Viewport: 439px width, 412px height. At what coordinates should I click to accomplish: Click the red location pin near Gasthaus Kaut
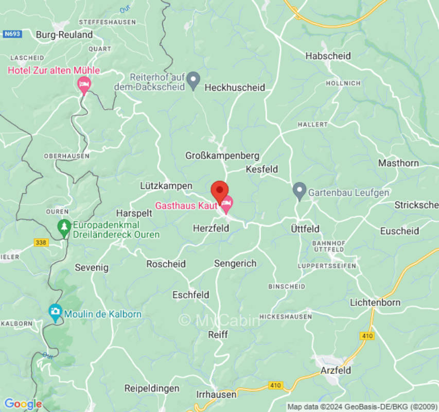(220, 192)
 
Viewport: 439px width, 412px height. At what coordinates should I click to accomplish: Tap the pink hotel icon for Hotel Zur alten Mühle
(84, 84)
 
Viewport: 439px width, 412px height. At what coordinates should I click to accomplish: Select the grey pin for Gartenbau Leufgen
(299, 192)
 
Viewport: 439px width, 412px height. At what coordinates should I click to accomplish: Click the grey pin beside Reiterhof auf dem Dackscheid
(193, 80)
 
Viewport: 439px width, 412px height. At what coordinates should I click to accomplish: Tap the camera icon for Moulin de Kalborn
(55, 312)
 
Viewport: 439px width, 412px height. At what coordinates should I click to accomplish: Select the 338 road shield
(41, 242)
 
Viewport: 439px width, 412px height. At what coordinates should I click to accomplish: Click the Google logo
(23, 404)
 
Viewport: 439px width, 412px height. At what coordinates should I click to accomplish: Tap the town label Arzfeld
(336, 370)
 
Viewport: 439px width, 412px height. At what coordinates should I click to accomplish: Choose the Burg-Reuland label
(64, 35)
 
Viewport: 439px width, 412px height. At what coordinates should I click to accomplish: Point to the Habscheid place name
(328, 56)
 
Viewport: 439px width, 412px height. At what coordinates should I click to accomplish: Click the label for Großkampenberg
(222, 156)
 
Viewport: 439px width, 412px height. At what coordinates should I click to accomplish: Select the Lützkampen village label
(166, 185)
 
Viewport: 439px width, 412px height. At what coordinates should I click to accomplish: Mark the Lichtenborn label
(375, 302)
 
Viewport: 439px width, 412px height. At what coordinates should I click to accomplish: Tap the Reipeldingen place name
(152, 388)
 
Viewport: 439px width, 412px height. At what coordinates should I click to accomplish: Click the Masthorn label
(398, 163)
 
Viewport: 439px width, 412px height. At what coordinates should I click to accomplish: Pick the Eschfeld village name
(190, 295)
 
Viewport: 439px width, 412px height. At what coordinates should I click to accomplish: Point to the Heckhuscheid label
(235, 88)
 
